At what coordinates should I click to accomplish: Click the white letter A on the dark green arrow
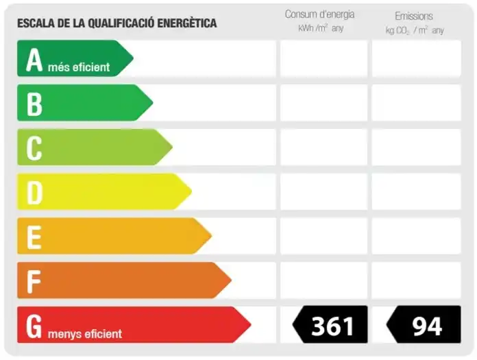[x=34, y=60]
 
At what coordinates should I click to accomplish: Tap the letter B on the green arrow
[x=34, y=104]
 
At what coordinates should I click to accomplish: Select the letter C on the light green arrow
[x=34, y=148]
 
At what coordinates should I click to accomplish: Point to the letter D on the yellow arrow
[x=35, y=193]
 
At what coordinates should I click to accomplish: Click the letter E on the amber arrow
[x=34, y=237]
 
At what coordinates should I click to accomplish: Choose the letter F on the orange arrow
[x=34, y=282]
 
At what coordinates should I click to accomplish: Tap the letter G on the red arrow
[x=34, y=326]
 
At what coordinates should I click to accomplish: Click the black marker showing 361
[x=330, y=325]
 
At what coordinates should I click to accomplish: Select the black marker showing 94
[x=424, y=325]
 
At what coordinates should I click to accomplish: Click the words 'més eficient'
[x=79, y=67]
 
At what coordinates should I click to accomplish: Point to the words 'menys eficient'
[x=85, y=334]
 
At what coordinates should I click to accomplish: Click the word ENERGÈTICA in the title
[x=187, y=23]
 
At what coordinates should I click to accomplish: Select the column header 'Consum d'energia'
[x=320, y=14]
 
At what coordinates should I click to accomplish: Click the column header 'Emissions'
[x=414, y=16]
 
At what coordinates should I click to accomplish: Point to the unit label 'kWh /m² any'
[x=321, y=28]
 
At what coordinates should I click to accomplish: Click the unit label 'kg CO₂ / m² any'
[x=415, y=30]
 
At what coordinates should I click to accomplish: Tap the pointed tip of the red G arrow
[x=251, y=325]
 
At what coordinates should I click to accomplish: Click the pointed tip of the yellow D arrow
[x=192, y=191]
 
